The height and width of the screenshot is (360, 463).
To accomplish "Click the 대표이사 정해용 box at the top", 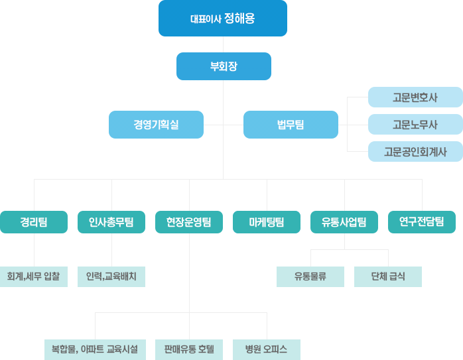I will [x=223, y=18].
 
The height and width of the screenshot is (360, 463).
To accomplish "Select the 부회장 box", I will [x=224, y=66].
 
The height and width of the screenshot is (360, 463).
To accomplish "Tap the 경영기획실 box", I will [x=156, y=124].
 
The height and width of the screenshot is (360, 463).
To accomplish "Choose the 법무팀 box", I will [x=291, y=124].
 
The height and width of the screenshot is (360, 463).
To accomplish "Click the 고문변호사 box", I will [x=415, y=97].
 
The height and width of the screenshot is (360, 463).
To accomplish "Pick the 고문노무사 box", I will [x=415, y=124].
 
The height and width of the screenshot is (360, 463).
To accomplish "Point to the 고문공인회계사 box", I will [x=415, y=151].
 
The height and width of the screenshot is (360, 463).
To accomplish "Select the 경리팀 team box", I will [x=34, y=222].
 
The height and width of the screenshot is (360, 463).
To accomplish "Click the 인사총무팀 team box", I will [x=111, y=222].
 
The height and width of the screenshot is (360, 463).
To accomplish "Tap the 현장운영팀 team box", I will [x=189, y=222].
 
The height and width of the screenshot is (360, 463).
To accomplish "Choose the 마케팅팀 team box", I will [x=267, y=222].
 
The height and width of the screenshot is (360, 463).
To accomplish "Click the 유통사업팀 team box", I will [x=344, y=222].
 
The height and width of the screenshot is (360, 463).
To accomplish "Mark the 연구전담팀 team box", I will [x=422, y=222].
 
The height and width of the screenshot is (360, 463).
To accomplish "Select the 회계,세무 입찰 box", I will [x=34, y=276].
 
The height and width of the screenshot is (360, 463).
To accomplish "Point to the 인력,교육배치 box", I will [x=111, y=276].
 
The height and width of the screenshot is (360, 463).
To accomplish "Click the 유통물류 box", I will [x=310, y=276].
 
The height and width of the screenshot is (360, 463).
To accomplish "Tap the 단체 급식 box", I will [x=388, y=276].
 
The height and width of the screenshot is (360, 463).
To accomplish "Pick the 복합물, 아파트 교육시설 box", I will [x=95, y=349].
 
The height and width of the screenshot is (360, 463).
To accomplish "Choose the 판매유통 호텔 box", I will [x=189, y=349].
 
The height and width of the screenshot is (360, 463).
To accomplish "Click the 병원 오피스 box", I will [x=267, y=349].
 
